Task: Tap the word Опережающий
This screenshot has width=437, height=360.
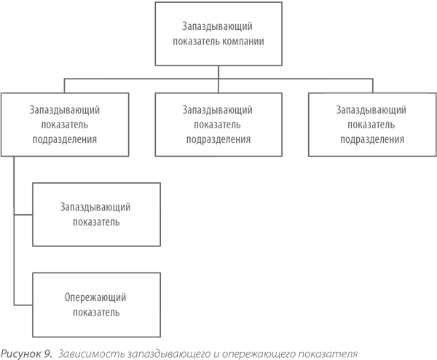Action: pyautogui.click(x=95, y=297)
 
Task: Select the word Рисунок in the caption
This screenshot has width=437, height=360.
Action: pyautogui.click(x=21, y=353)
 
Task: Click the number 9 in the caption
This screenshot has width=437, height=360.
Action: pyautogui.click(x=48, y=353)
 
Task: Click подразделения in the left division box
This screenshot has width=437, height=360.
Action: pyautogui.click(x=65, y=139)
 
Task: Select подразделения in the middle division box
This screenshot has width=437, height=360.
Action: pyautogui.click(x=219, y=139)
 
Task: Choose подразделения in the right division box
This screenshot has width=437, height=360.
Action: pyautogui.click(x=372, y=139)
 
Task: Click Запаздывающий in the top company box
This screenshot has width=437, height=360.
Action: pyautogui.click(x=217, y=26)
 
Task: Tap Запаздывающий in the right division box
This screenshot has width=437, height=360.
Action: pyautogui.click(x=371, y=110)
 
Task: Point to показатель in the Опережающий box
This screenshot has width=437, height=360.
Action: pyautogui.click(x=96, y=313)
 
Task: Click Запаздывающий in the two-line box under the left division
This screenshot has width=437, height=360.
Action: pyautogui.click(x=95, y=207)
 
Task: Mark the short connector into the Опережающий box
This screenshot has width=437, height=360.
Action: pyautogui.click(x=23, y=305)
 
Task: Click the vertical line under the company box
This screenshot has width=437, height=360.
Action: pyautogui.click(x=219, y=79)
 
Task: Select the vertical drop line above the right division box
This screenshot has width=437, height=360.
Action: pyautogui.click(x=373, y=86)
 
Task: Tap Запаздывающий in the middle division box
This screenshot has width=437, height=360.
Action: pyautogui.click(x=217, y=110)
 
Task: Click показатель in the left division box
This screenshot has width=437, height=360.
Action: pyautogui.click(x=65, y=125)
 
